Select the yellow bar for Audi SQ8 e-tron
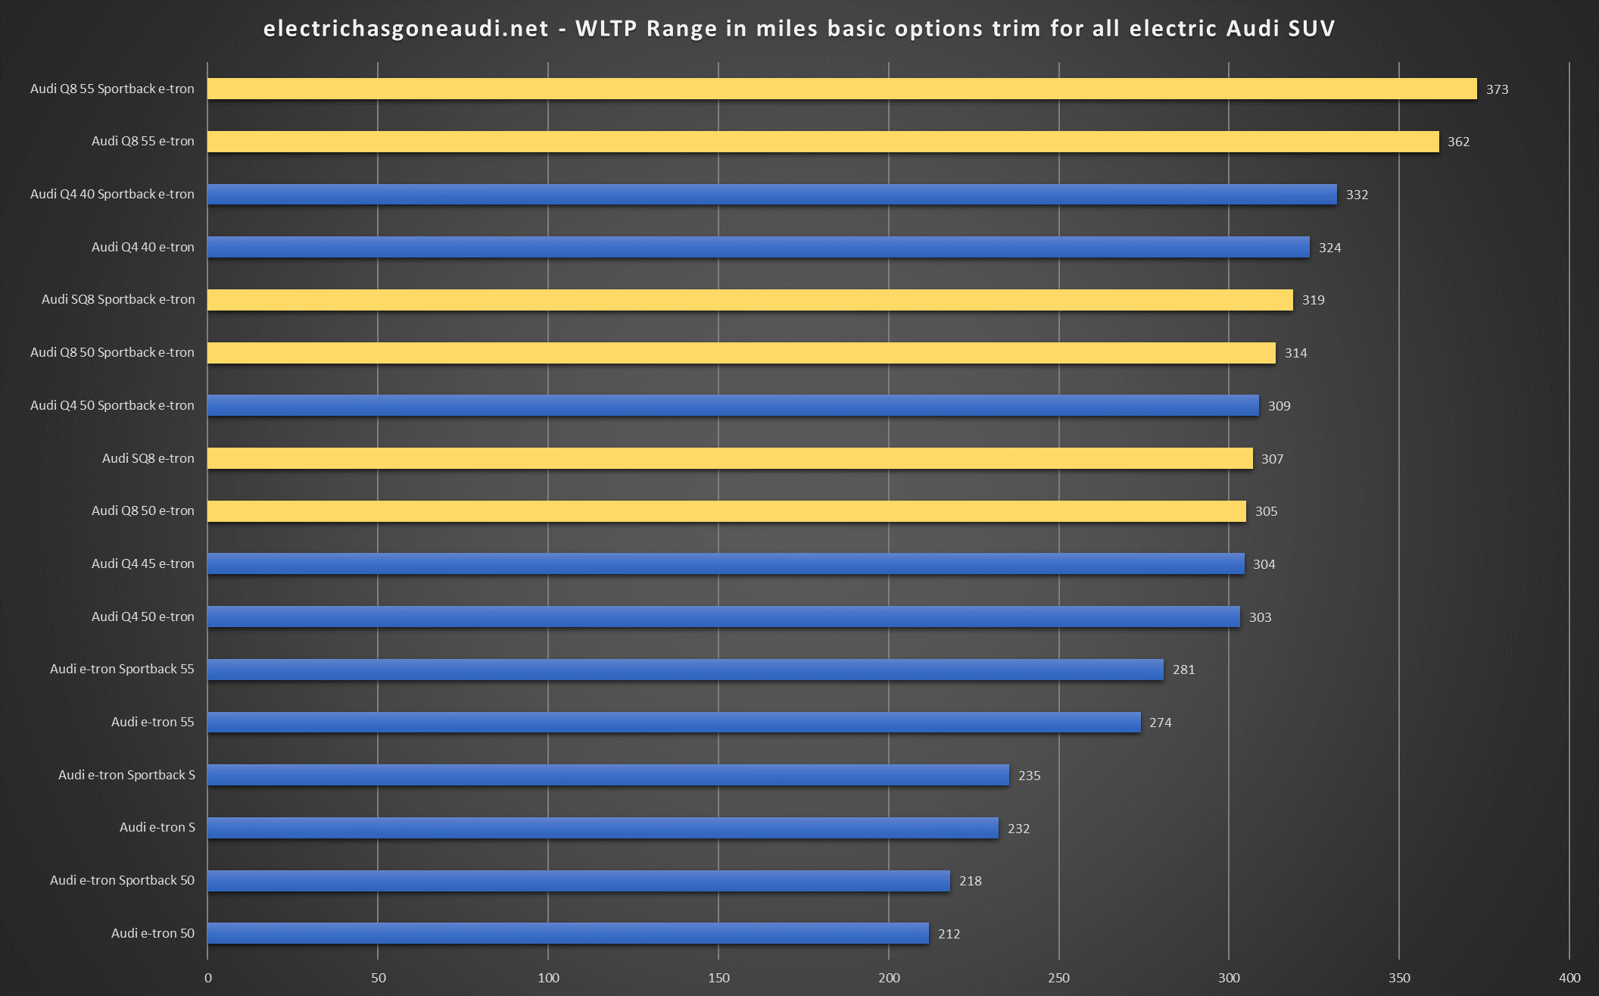(x=729, y=458)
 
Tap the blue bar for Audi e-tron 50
(x=568, y=933)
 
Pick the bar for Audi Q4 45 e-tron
(x=725, y=564)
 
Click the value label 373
(x=1497, y=89)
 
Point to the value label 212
(x=949, y=934)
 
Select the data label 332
(x=1357, y=195)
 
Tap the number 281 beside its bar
(x=1183, y=670)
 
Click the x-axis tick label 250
(x=1058, y=978)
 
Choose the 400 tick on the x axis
(x=1569, y=978)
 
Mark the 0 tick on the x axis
(x=208, y=978)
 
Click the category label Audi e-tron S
(x=157, y=827)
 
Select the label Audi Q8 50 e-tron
(x=142, y=510)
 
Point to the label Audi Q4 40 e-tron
(x=142, y=247)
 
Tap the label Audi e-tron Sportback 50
(x=122, y=880)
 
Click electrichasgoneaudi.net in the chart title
(x=406, y=29)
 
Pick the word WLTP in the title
(x=608, y=29)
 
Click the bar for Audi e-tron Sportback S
(x=608, y=775)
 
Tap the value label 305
(x=1266, y=511)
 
